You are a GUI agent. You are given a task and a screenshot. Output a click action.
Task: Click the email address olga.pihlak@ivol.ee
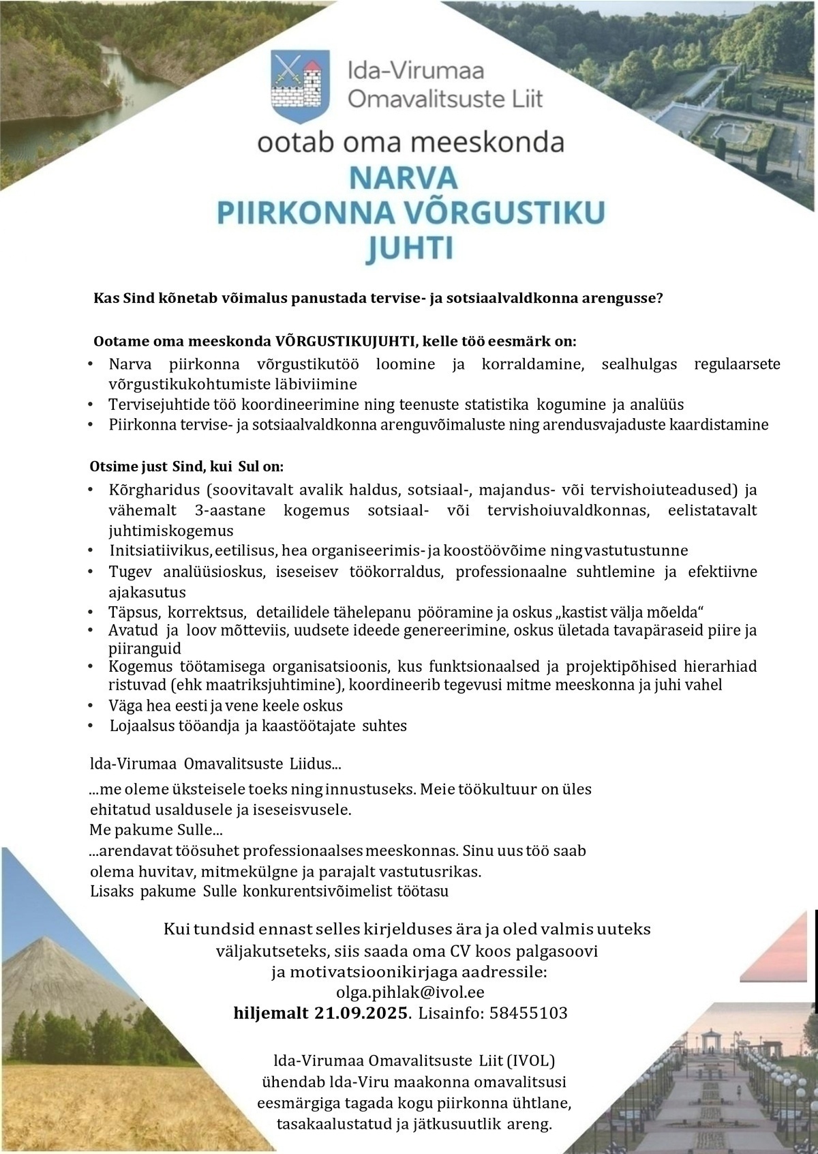410,992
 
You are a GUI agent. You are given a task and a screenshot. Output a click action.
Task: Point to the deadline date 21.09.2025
361,1013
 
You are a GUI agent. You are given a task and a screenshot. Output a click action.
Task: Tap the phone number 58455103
528,1013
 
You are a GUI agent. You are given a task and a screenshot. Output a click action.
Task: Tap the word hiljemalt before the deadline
271,1013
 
